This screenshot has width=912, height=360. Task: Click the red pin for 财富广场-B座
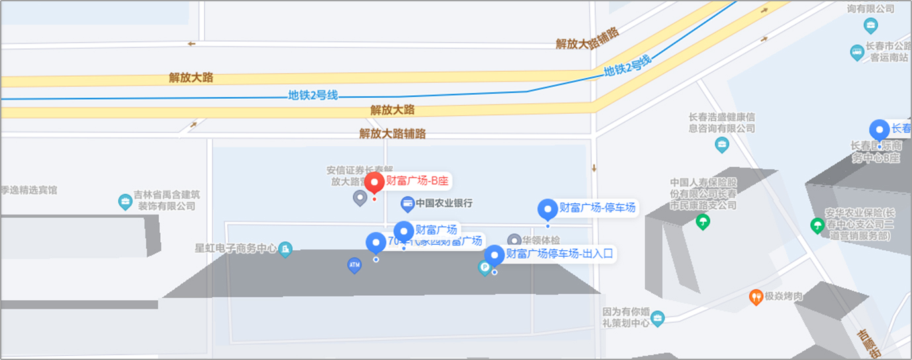[x=375, y=183]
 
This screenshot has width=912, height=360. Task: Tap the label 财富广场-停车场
[x=597, y=208]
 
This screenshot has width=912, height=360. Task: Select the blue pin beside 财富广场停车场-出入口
[x=494, y=255]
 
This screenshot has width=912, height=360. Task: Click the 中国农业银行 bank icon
[x=408, y=203]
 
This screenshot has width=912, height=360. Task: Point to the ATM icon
[x=355, y=265]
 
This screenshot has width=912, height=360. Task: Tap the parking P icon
[x=484, y=268]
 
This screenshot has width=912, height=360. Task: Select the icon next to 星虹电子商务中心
[x=285, y=249]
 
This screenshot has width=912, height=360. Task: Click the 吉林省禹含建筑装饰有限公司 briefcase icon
[x=125, y=201]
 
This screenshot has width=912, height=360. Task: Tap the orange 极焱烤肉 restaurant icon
[x=756, y=297]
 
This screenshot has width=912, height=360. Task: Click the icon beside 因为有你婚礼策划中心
[x=657, y=319]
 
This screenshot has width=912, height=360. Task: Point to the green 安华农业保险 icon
[x=817, y=225]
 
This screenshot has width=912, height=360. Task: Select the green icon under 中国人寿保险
[x=702, y=222]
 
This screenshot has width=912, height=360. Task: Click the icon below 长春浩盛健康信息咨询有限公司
[x=722, y=144]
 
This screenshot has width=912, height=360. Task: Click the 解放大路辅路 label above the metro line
[x=587, y=39]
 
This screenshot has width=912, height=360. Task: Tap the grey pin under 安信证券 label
[x=360, y=197]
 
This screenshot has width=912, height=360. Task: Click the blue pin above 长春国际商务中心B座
[x=879, y=130]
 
